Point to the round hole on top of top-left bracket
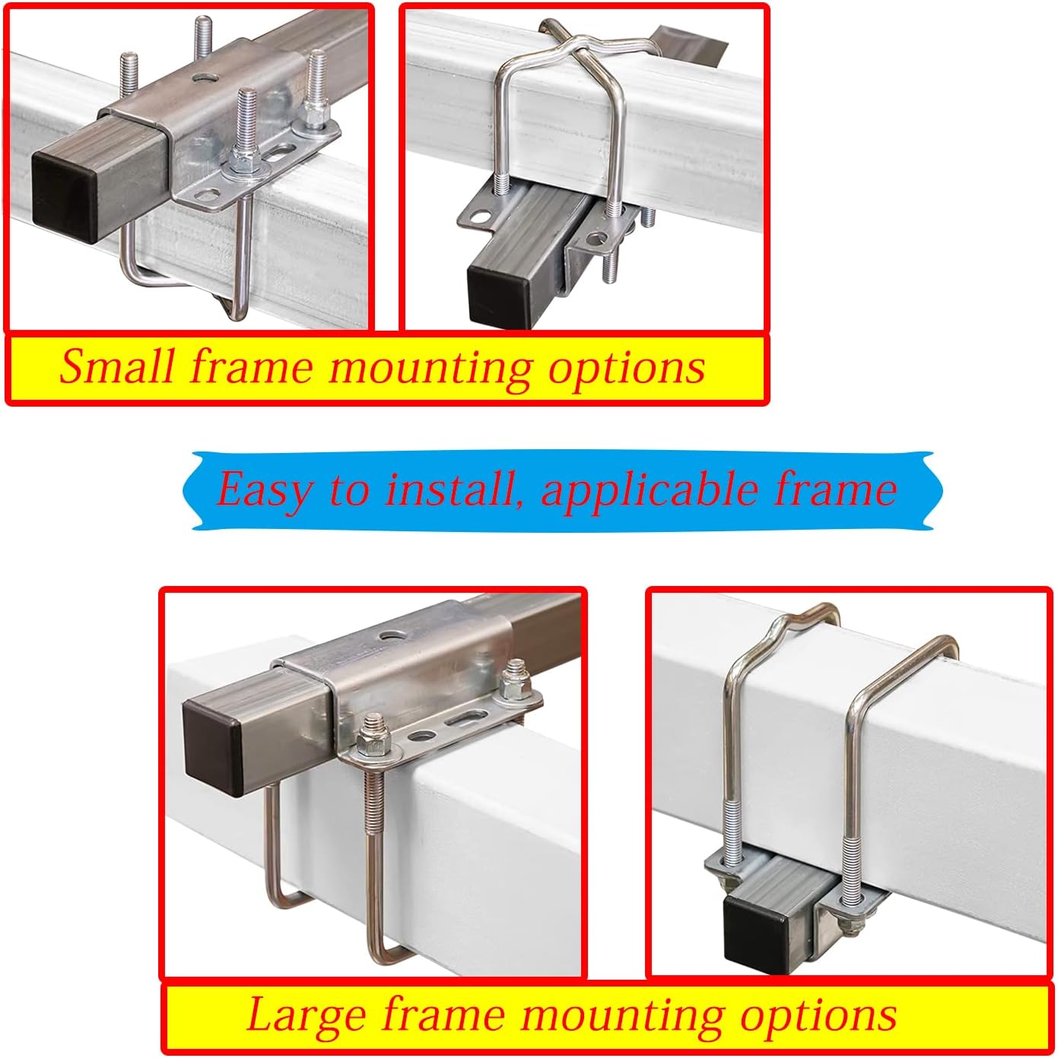tap(202, 77)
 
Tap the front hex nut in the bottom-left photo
tap(373, 745)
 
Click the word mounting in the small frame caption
tap(431, 368)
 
